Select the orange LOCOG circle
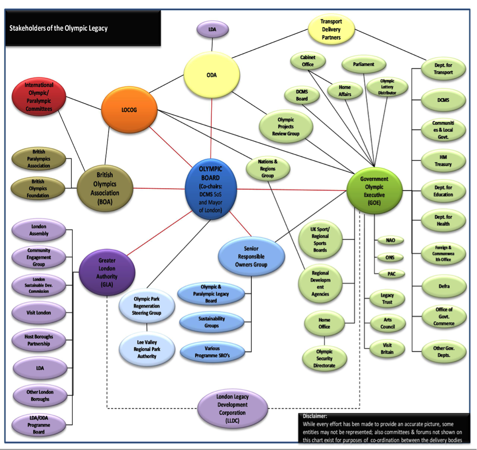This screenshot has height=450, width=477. [x=129, y=110]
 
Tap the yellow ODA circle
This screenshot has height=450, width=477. [x=211, y=76]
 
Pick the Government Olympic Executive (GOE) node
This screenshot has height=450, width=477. [x=374, y=190]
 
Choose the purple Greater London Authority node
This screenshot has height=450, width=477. [x=107, y=273]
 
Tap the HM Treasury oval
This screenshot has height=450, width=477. [x=443, y=161]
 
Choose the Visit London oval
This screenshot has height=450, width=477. [x=39, y=313]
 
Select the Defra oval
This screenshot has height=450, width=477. [x=443, y=286]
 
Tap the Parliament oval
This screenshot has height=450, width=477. [x=363, y=64]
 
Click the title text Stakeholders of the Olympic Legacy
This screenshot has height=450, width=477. [x=58, y=29]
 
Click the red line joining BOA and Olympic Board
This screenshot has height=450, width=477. [x=159, y=188]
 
